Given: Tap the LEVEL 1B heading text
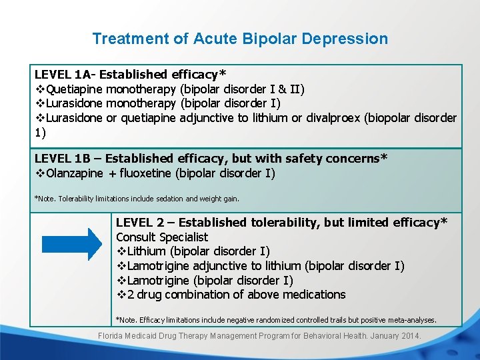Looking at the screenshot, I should point(211,159).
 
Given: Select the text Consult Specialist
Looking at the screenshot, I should point(162,237).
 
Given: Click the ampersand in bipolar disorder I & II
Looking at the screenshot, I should point(282,89).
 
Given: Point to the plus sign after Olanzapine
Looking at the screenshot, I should point(112,173).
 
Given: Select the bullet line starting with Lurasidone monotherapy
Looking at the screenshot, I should point(158,103).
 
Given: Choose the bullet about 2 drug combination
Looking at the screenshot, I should point(231,295).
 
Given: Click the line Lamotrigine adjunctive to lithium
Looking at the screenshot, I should point(260,266).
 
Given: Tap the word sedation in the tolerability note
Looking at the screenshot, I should point(171,199).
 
